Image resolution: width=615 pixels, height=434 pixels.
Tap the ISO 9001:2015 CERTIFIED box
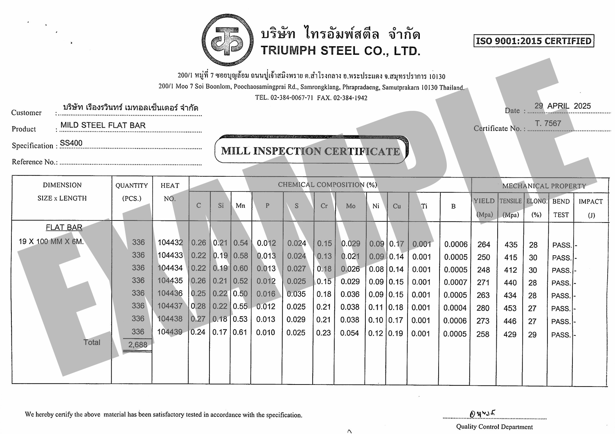534,41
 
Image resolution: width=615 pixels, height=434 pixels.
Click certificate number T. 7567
548,123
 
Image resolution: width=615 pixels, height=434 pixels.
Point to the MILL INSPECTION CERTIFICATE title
311,151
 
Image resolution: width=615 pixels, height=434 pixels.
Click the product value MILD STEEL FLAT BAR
103,125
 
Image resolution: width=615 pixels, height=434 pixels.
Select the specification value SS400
71,143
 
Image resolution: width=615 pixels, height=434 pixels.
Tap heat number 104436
170,293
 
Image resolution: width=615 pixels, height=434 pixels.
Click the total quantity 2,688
137,345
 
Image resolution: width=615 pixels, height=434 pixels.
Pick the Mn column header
241,206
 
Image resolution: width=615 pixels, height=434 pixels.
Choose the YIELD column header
484,201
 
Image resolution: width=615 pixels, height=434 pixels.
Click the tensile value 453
510,308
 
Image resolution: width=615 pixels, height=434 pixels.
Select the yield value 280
483,308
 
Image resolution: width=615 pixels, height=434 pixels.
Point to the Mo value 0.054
349,333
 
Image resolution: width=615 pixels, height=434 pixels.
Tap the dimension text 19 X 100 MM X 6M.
51,241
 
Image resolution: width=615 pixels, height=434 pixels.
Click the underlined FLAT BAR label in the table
64,227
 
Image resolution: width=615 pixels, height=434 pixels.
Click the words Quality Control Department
494,427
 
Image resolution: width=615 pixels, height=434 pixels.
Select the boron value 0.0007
455,282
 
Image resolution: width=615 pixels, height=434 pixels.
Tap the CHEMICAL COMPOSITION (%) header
327,184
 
